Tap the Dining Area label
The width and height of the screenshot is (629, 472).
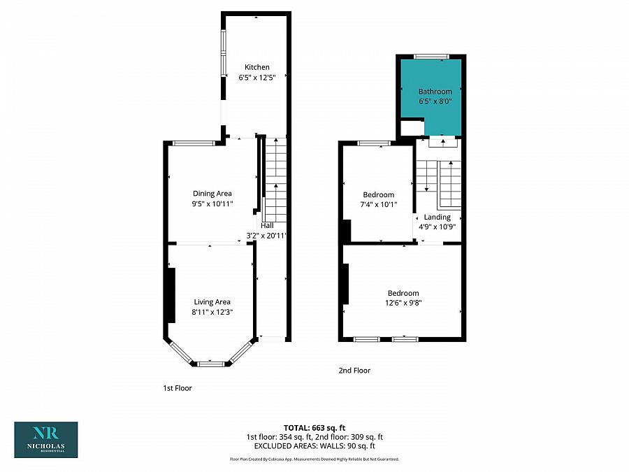(212, 194)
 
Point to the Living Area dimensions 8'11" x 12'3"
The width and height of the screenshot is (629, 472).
(212, 313)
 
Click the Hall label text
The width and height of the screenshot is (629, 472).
(267, 226)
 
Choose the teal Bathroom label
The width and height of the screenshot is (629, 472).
(435, 92)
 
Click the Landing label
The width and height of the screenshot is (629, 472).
(438, 217)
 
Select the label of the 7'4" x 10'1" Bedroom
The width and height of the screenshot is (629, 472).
(378, 194)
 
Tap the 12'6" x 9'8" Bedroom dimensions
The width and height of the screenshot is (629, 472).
(403, 303)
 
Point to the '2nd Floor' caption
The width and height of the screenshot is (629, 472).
(354, 371)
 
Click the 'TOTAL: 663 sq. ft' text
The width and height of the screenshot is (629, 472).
(314, 427)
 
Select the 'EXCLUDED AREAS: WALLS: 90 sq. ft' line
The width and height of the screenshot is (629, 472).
(314, 445)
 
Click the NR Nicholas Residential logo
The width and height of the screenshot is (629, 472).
(46, 439)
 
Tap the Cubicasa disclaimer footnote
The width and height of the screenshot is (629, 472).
(314, 459)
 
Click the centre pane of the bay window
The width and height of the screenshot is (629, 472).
(210, 364)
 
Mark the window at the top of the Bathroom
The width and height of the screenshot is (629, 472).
(431, 56)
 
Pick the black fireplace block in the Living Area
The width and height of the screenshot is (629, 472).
(170, 295)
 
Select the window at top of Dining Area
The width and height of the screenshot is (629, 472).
(194, 143)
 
